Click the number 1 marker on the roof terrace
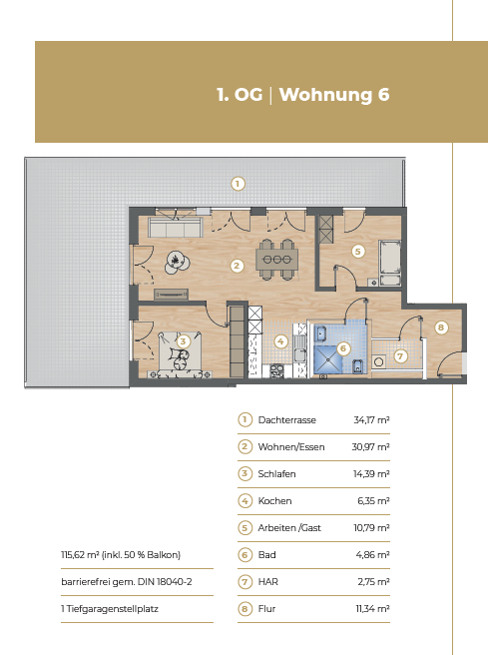(x=238, y=184)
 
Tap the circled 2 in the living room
(x=237, y=266)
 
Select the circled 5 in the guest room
(x=357, y=252)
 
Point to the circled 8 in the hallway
(x=441, y=327)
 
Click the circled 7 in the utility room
(x=401, y=356)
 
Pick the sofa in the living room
(x=176, y=228)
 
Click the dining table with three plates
(x=277, y=260)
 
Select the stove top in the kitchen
(x=276, y=370)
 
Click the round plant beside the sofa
(x=177, y=263)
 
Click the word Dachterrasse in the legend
(x=286, y=419)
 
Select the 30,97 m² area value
(x=370, y=447)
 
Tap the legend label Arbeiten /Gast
(x=289, y=528)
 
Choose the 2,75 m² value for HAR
(x=373, y=582)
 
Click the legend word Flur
(x=266, y=609)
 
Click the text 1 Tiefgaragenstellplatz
(x=110, y=609)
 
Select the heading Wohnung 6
(x=334, y=95)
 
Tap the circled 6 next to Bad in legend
(x=245, y=555)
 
